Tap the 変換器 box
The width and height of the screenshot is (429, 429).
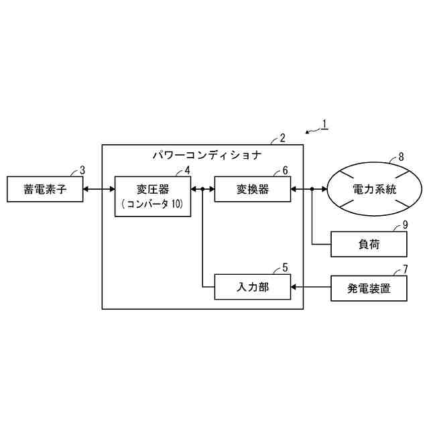253,189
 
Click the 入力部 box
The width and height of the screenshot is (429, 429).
253,287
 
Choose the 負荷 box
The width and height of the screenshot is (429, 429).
369,245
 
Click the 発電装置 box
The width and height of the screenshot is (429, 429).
369,289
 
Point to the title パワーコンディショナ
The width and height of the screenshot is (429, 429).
206,156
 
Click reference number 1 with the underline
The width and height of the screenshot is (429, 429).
324,123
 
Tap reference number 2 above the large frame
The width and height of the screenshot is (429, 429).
283,138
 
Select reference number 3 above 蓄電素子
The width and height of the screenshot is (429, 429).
82,170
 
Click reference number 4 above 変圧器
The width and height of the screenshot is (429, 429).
188,170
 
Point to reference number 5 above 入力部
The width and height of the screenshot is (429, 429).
286,267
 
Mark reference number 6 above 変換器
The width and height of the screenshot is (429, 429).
286,170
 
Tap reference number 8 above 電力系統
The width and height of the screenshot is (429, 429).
401,157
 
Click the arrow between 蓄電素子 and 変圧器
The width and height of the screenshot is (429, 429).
100,190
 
